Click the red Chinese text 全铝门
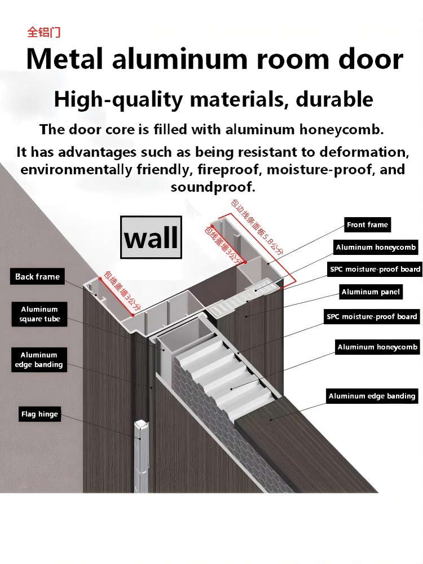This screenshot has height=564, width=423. coord(44,32)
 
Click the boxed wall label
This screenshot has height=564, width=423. coord(151,237)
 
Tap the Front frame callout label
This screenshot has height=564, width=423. coord(367,225)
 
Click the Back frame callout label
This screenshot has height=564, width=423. coord(37,276)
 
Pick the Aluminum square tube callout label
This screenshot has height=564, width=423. coord(39,314)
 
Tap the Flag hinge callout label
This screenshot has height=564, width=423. coord(39,414)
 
